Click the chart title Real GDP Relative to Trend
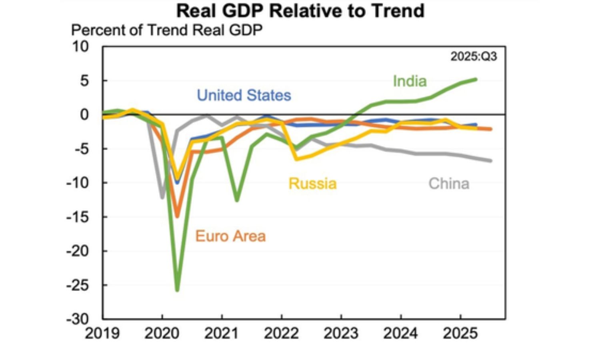(300, 11)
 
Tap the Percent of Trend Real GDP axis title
(166, 30)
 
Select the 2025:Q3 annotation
(474, 56)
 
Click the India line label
(410, 81)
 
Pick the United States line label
(244, 95)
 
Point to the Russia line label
(312, 184)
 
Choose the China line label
(448, 184)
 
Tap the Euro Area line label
(230, 236)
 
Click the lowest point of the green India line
(177, 290)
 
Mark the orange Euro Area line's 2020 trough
(177, 216)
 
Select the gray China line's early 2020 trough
(162, 197)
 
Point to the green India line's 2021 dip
(237, 200)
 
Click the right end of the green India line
(476, 79)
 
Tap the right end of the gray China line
(490, 161)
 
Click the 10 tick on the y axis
(80, 47)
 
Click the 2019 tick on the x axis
(102, 333)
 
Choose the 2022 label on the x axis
(281, 333)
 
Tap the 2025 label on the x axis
(460, 333)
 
